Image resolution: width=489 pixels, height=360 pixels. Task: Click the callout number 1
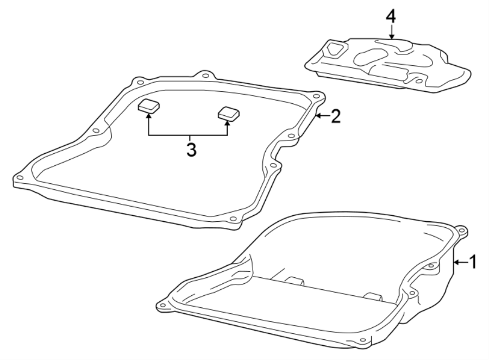tap(473, 262)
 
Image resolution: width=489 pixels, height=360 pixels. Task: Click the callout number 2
tap(336, 116)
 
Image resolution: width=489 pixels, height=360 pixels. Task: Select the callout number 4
tap(391, 16)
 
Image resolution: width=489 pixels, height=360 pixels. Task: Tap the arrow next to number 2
tap(322, 116)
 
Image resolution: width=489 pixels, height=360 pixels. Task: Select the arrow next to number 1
tap(460, 263)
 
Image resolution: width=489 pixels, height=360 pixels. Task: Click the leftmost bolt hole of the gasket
tap(20, 177)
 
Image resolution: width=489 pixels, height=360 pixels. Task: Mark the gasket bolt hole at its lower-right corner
tap(233, 219)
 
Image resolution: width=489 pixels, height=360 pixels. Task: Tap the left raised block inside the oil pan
tap(293, 281)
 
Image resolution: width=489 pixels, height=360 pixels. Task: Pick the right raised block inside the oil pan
tap(373, 296)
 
